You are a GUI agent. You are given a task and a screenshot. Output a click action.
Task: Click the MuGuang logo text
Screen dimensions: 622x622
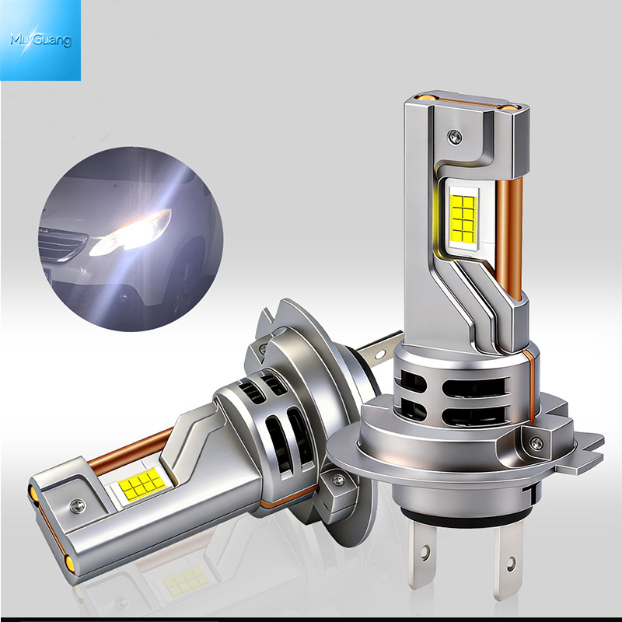point(40,40)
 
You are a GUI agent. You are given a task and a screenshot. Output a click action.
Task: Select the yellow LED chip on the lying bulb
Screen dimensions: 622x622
point(142,484)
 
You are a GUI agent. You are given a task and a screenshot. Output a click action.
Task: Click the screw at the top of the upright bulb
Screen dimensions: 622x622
point(455,137)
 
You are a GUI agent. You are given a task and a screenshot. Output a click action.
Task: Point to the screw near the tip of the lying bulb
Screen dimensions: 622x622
point(77,506)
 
